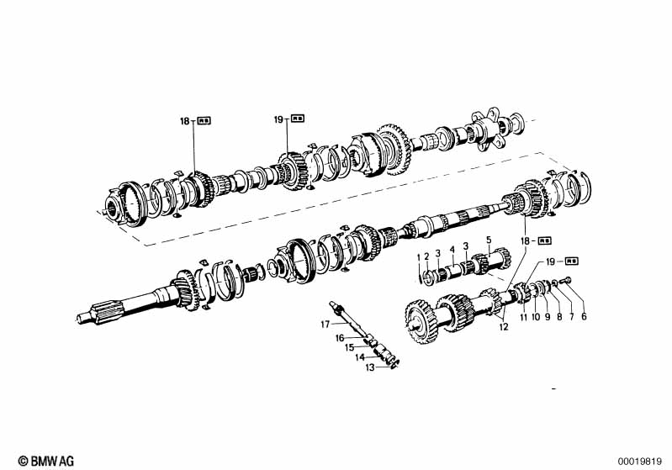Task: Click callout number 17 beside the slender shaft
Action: [x=324, y=323]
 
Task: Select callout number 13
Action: [x=368, y=367]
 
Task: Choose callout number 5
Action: [x=488, y=239]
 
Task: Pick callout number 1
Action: [x=420, y=256]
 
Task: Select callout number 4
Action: [x=452, y=249]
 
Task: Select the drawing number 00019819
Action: [x=642, y=460]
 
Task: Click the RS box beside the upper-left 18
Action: [x=205, y=121]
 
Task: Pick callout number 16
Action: [x=341, y=338]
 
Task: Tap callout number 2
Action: [x=426, y=255]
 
